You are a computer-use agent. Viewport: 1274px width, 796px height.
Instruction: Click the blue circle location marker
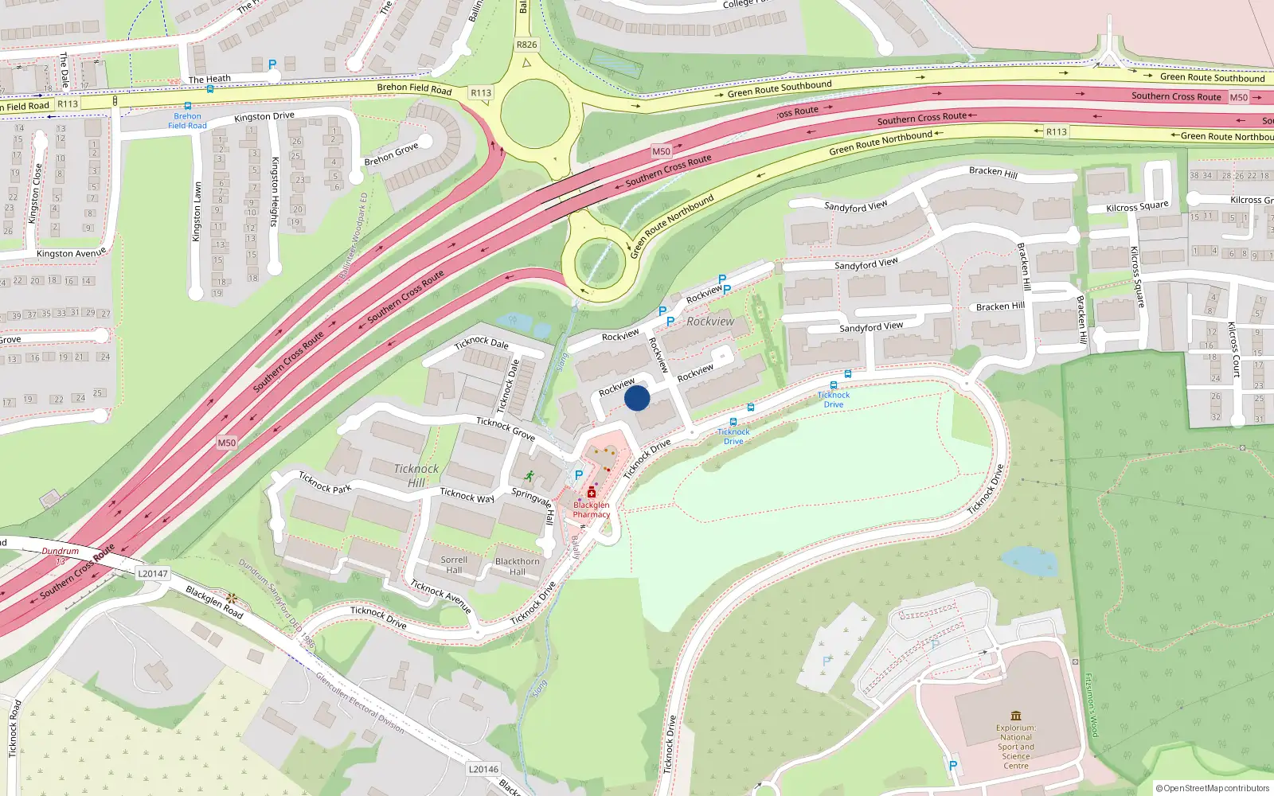(x=637, y=398)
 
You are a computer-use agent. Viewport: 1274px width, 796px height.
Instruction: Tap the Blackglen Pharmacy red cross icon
(x=592, y=494)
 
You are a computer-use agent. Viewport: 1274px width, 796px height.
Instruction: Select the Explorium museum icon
(x=1015, y=716)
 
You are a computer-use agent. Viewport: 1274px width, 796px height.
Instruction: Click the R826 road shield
(x=526, y=45)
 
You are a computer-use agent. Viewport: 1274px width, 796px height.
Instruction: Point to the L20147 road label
(x=153, y=573)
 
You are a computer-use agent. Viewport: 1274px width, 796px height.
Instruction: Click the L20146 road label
(x=483, y=769)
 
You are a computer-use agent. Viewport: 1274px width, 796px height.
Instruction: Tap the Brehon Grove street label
(x=391, y=154)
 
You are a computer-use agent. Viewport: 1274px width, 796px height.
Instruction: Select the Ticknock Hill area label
(x=416, y=475)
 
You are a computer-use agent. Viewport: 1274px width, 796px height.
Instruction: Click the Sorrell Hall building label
(x=454, y=564)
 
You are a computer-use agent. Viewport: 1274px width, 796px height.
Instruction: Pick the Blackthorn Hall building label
(x=518, y=566)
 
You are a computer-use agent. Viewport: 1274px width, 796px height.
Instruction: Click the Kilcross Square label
(x=1137, y=207)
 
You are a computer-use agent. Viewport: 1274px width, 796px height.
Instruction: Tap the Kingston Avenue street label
(x=71, y=253)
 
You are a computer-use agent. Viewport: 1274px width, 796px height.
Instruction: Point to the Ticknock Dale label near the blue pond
(x=481, y=343)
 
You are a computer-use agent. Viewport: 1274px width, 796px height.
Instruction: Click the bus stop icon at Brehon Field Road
(x=188, y=106)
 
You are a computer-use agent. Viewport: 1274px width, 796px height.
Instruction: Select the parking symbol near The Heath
(x=272, y=64)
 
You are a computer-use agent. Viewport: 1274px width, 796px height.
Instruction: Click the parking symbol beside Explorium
(x=952, y=766)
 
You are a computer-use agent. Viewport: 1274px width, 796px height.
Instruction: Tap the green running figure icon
(x=529, y=476)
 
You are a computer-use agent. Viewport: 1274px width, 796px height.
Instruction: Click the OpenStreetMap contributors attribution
(x=1213, y=788)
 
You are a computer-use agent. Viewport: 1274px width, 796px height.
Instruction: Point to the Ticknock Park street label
(x=325, y=482)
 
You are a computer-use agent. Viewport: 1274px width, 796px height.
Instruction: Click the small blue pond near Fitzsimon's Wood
(x=1030, y=562)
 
